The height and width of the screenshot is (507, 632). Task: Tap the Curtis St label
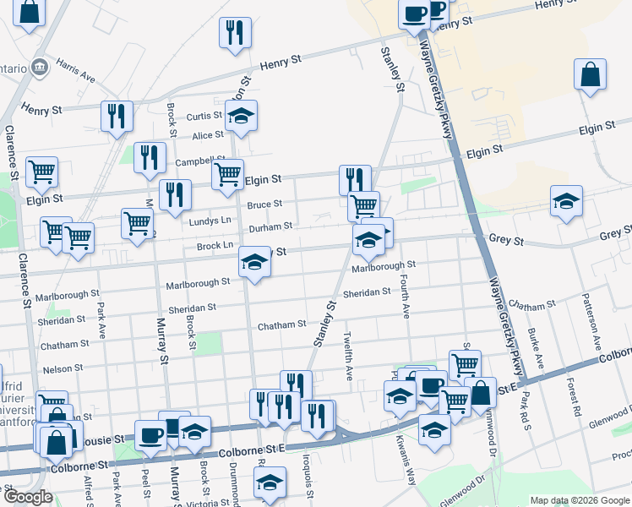pyautogui.click(x=204, y=117)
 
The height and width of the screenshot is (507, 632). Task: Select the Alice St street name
pyautogui.click(x=207, y=135)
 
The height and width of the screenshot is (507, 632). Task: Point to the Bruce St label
pyautogui.click(x=264, y=204)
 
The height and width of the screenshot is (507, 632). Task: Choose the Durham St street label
pyautogui.click(x=270, y=226)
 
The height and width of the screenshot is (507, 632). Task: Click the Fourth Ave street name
pyautogui.click(x=406, y=301)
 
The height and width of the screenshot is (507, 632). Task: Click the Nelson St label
pyautogui.click(x=63, y=368)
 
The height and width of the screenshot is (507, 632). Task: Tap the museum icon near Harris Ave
pyautogui.click(x=39, y=67)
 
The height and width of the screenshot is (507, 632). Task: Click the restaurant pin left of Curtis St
pyautogui.click(x=115, y=116)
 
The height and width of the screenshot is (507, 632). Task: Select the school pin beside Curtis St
pyautogui.click(x=241, y=116)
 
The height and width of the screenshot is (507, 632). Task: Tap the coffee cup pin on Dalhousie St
pyautogui.click(x=150, y=435)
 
